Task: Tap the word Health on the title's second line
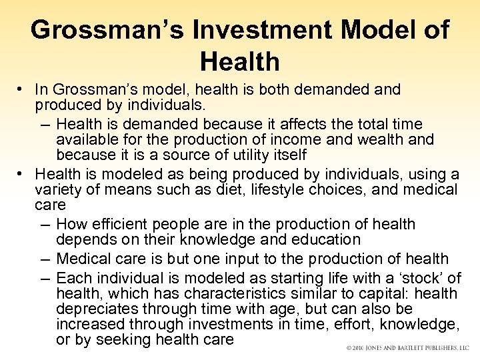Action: coord(239,63)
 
